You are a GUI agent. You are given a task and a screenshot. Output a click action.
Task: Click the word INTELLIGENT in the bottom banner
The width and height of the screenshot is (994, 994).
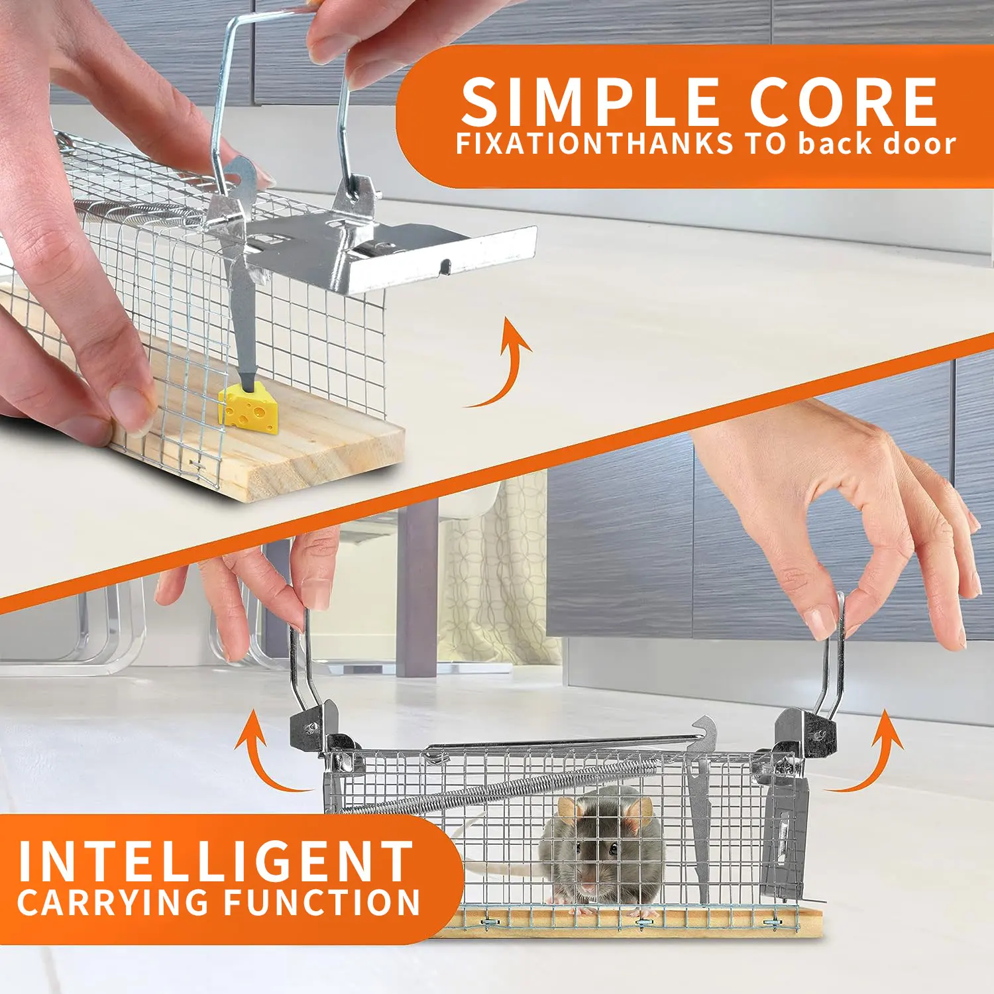[x=215, y=861]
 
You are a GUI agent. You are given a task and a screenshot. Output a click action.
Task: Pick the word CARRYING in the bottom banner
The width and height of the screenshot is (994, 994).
[x=113, y=903]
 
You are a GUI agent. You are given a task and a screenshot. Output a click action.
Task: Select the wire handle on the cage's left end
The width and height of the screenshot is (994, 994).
[x=302, y=663]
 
